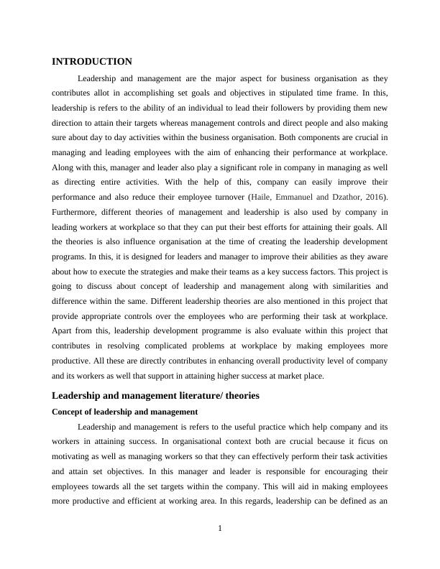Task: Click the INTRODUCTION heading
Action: tap(92, 62)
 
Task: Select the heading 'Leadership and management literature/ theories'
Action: tap(155, 395)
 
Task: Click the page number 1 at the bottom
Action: tap(220, 529)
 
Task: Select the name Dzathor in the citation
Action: tap(344, 197)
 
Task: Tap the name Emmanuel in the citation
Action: tap(299, 197)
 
